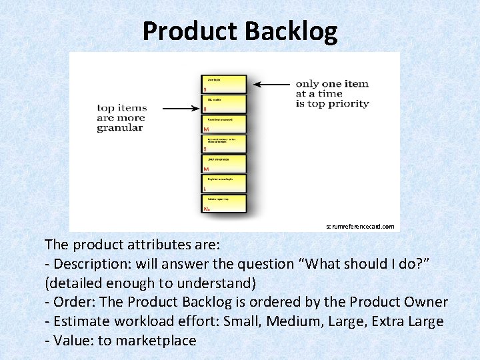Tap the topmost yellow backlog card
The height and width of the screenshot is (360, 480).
[224, 84]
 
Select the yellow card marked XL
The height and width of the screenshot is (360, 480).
[224, 204]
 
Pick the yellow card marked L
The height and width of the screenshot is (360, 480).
[224, 184]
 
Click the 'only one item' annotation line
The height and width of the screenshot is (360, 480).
[332, 84]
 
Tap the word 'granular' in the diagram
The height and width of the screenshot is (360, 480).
[120, 127]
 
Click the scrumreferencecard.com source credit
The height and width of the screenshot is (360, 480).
[360, 226]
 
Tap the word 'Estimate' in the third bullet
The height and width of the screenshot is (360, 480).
[84, 321]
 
